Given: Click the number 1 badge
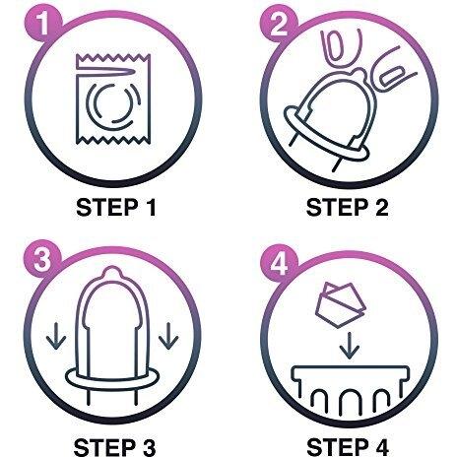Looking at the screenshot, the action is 43,24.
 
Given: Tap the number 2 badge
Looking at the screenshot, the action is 279,24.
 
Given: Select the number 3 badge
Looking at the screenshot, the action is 43,260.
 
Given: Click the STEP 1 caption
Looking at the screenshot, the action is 116,208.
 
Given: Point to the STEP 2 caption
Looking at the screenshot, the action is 348,208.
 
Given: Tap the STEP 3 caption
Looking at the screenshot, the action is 115,446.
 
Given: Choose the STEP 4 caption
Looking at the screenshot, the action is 348,446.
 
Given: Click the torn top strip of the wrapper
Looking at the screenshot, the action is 113,63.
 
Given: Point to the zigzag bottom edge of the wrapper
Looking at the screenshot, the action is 113,140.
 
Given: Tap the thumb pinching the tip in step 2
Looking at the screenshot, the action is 342,49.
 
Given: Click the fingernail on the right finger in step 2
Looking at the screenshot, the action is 391,76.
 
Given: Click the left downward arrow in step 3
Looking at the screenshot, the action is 56,336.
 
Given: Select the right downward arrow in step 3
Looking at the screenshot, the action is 168,336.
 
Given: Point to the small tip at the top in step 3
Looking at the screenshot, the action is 112,273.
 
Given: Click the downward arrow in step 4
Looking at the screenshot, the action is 350,346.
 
